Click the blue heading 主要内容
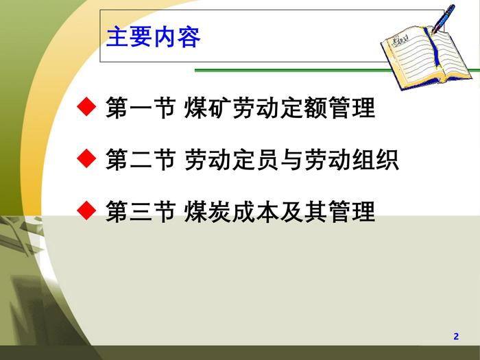pos(154,37)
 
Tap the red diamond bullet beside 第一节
pos(86,106)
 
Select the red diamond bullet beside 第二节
pos(86,158)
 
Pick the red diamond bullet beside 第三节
pos(86,211)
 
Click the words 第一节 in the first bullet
pos(141,107)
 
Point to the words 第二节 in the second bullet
pos(141,159)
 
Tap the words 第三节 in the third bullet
pos(141,211)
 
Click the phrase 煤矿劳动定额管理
pos(280,107)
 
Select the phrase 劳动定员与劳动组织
pos(291,159)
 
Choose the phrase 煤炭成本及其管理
pos(280,211)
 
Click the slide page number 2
pos(456,336)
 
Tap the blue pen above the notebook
pos(443,18)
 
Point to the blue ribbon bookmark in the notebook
pos(433,47)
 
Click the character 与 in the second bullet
pos(291,159)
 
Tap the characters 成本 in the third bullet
pos(255,211)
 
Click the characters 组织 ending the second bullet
pos(375,159)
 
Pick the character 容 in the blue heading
pos(189,37)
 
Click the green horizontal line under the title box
pos(337,71)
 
